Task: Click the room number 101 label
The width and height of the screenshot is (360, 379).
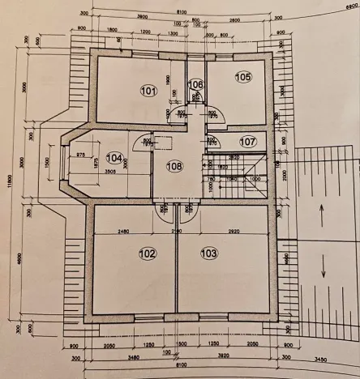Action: click(x=147, y=91)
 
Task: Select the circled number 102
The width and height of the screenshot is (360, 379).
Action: click(x=147, y=253)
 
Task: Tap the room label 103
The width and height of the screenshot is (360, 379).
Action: click(x=209, y=253)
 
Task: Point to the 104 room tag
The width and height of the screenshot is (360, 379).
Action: click(x=115, y=158)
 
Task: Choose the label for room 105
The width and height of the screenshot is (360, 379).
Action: click(x=243, y=77)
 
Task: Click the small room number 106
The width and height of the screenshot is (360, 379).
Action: click(x=195, y=83)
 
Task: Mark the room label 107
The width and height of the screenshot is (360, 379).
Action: click(x=247, y=141)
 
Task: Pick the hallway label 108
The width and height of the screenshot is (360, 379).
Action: click(x=175, y=167)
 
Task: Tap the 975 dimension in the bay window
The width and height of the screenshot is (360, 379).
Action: click(x=81, y=154)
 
